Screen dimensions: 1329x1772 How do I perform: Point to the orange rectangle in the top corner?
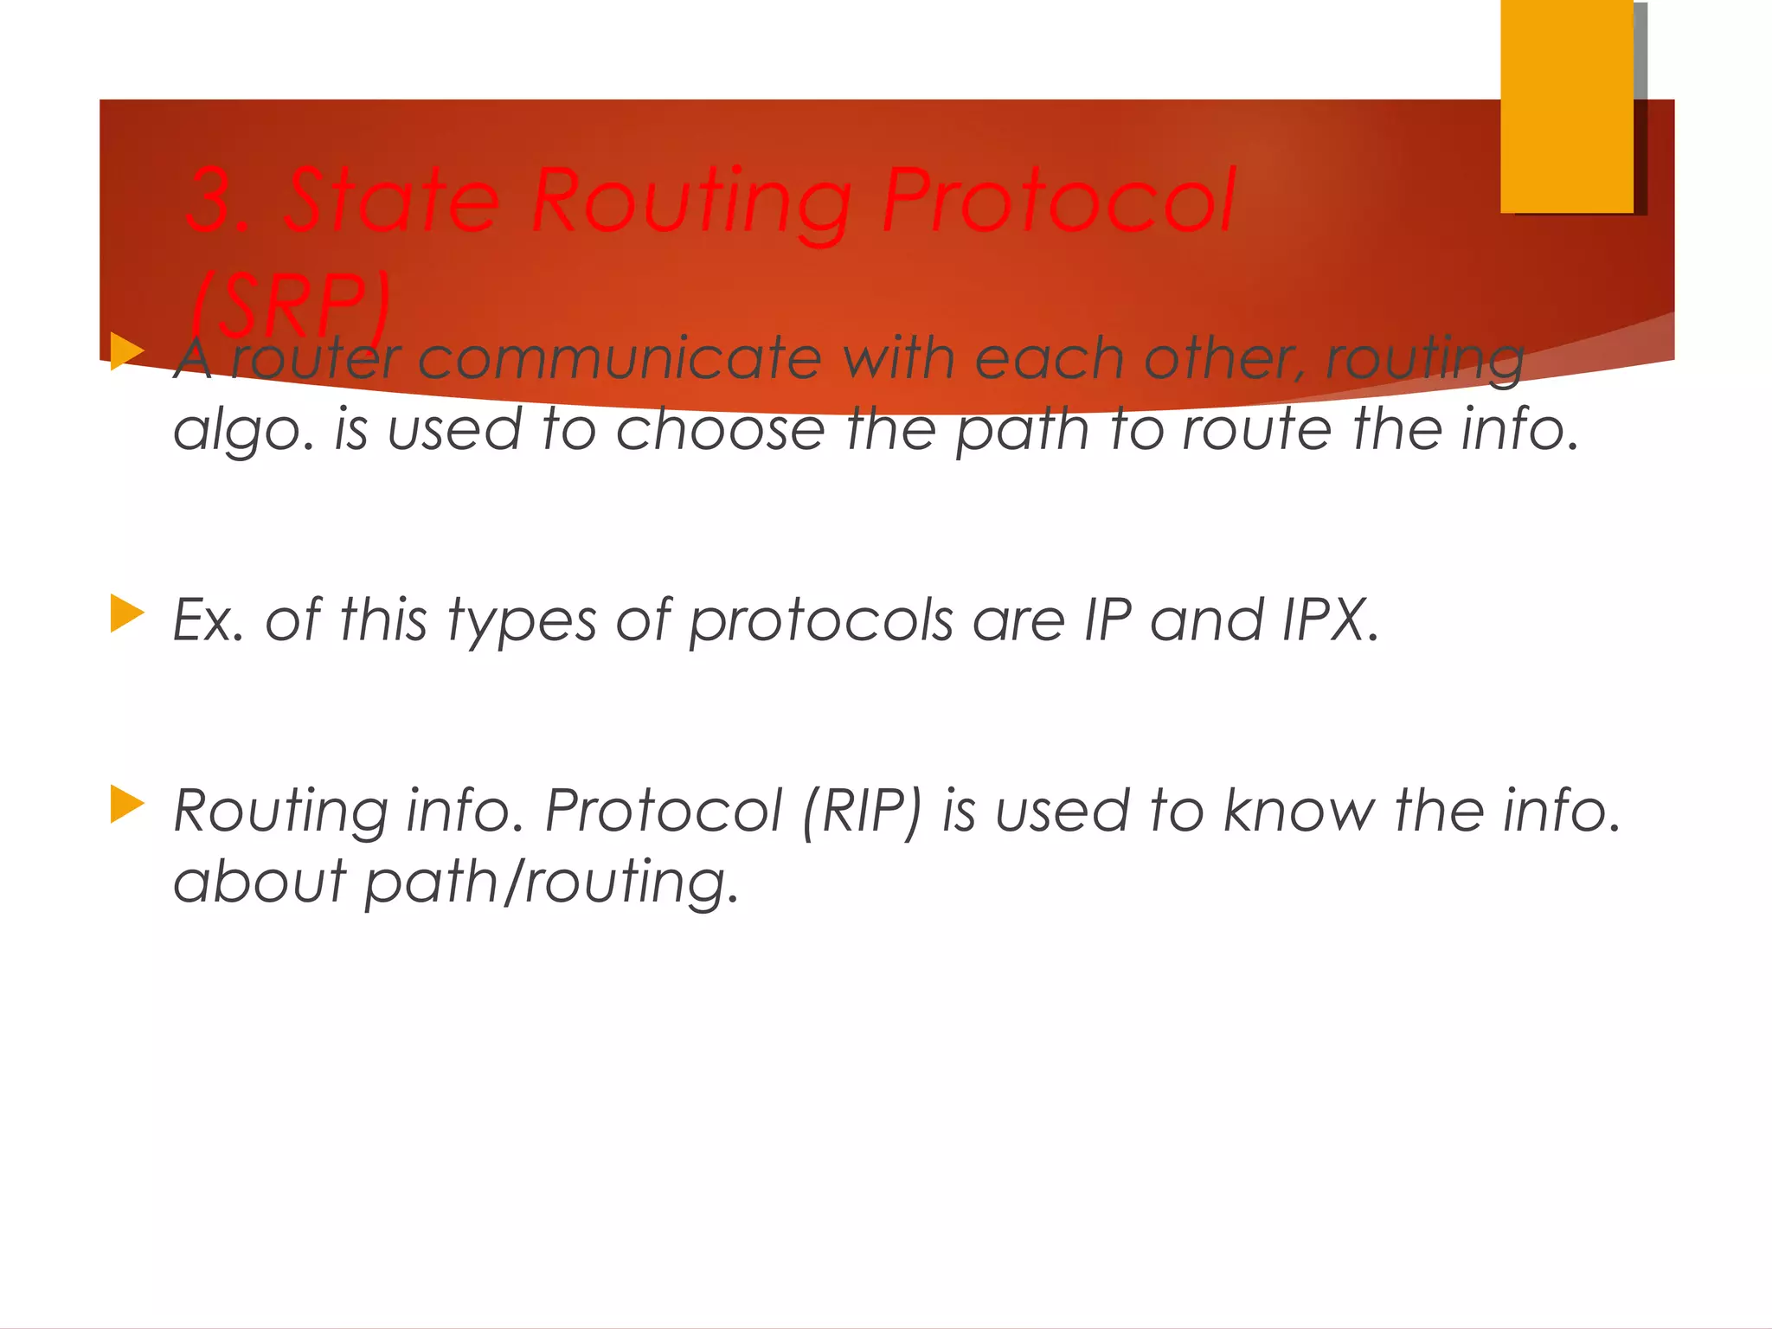point(1566,106)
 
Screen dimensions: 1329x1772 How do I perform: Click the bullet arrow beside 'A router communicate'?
point(126,352)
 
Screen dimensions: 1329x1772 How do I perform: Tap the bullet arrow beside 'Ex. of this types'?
point(126,613)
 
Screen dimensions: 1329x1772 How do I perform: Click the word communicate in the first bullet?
point(620,358)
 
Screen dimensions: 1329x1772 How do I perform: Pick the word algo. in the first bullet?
point(244,430)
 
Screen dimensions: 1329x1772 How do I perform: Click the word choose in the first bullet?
point(720,429)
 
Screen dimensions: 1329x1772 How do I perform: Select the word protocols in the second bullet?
point(820,621)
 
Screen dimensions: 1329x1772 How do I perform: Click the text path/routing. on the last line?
point(551,883)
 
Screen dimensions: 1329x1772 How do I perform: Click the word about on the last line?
point(260,882)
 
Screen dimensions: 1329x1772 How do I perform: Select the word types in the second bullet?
point(522,621)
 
